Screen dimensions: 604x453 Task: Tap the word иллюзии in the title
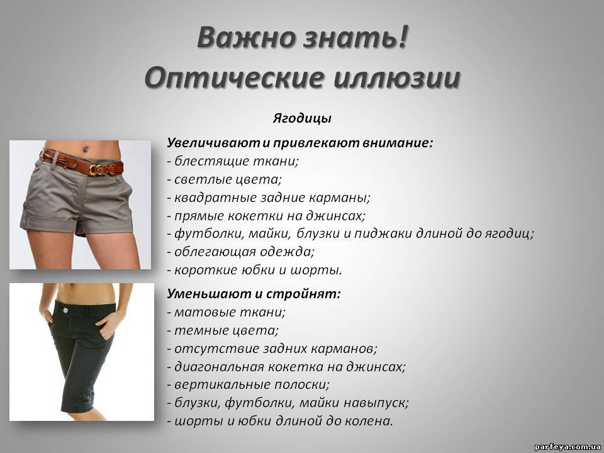point(396,78)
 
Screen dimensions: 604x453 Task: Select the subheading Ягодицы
point(302,118)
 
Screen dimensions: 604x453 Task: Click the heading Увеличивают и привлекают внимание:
point(300,143)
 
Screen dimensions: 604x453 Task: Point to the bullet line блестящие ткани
point(233,161)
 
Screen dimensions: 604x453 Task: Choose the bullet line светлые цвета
point(225,179)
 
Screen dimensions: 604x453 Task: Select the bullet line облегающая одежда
point(241,252)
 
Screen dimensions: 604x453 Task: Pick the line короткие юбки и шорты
point(255,270)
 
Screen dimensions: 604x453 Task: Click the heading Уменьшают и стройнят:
point(254,294)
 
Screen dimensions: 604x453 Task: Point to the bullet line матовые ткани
point(226,311)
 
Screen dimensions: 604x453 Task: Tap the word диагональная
point(219,366)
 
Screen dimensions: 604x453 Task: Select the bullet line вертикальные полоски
point(248,384)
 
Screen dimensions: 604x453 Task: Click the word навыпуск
point(376,403)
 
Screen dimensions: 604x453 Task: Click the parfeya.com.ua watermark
point(568,447)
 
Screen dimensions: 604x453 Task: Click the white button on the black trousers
point(64,309)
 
